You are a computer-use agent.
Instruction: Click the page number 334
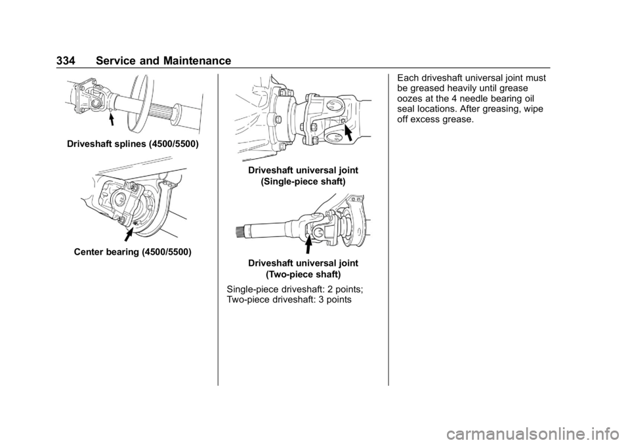pyautogui.click(x=66, y=60)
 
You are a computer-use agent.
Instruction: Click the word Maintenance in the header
pyautogui.click(x=198, y=60)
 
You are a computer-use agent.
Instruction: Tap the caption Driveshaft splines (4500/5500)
pyautogui.click(x=133, y=144)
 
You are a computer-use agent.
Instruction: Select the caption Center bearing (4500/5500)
pyautogui.click(x=133, y=252)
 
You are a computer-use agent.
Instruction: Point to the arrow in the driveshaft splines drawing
pyautogui.click(x=112, y=119)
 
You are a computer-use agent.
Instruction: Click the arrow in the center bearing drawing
pyautogui.click(x=129, y=234)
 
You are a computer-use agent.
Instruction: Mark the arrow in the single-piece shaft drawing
pyautogui.click(x=350, y=133)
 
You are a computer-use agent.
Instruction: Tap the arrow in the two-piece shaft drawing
pyautogui.click(x=308, y=245)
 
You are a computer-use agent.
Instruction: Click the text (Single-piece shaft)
pyautogui.click(x=303, y=182)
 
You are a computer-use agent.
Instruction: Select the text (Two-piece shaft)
pyautogui.click(x=303, y=274)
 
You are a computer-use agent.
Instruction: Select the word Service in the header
pyautogui.click(x=115, y=60)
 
